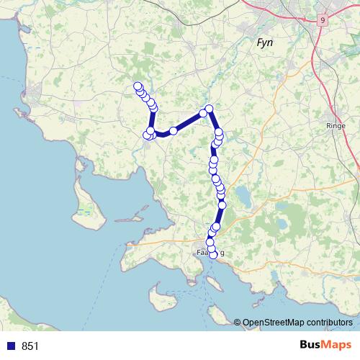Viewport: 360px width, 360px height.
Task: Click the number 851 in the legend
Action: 30,346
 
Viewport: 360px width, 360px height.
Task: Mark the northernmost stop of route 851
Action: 138,86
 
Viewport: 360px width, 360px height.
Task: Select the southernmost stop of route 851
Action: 213,255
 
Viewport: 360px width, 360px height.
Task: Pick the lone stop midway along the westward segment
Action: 174,131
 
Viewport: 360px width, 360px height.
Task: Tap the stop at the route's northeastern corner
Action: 210,109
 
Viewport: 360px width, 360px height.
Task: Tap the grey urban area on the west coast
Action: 32,94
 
